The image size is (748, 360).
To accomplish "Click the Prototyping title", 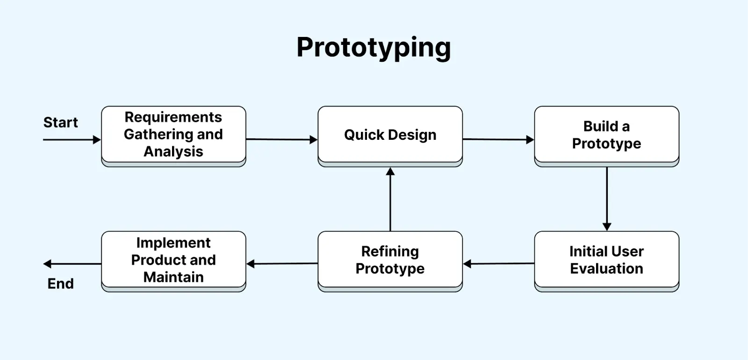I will tap(374, 47).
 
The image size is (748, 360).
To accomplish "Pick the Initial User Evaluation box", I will tap(606, 260).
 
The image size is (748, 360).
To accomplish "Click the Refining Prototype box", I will tap(390, 260).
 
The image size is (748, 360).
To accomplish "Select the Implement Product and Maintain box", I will tap(173, 260).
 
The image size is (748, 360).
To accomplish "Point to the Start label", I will tap(60, 122).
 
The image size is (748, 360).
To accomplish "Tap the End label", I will tap(61, 284).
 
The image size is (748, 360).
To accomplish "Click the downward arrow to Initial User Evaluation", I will tap(607, 199).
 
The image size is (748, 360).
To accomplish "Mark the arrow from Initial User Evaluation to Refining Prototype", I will tap(498, 264).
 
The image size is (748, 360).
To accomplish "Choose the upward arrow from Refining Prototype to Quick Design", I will tap(390, 199).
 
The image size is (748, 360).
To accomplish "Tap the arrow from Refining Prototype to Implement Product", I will tap(282, 264).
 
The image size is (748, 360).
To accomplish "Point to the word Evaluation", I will tap(606, 269).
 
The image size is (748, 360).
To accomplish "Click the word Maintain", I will tap(173, 277).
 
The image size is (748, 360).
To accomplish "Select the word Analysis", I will tap(173, 152).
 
